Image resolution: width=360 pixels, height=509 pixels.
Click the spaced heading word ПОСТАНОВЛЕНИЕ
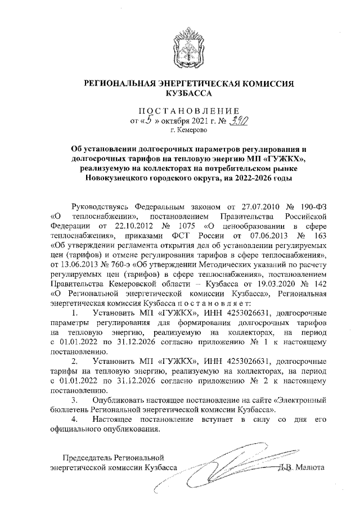(x=180, y=110)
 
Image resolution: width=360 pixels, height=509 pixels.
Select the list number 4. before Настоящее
(x=73, y=420)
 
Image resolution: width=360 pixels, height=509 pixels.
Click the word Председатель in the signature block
(x=88, y=456)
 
